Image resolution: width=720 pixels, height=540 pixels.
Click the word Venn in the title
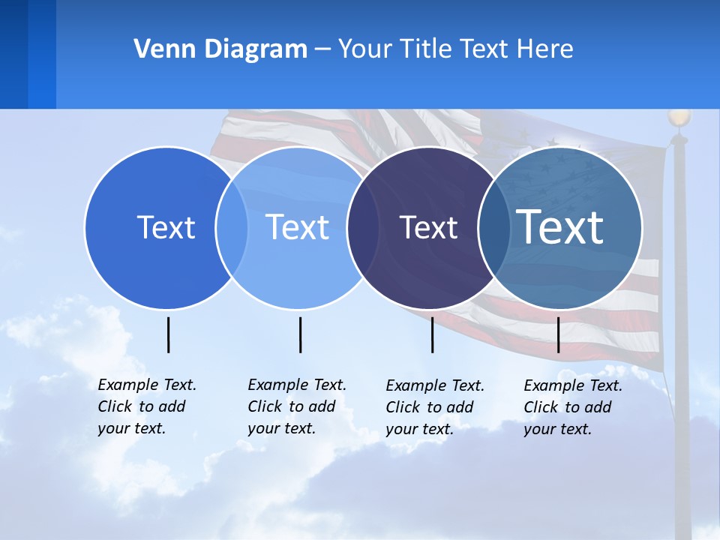(x=160, y=49)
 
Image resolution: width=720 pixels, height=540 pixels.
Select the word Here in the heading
(x=546, y=49)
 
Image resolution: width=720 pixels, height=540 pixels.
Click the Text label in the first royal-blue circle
(x=166, y=227)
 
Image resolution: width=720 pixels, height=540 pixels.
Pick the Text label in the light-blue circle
(x=298, y=227)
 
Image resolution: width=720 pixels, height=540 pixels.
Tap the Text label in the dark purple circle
(x=428, y=227)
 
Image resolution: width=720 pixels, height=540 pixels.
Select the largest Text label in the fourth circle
(x=560, y=226)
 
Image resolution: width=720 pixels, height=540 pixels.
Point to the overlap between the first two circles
(x=232, y=227)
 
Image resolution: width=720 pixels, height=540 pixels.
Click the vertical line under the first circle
(x=168, y=334)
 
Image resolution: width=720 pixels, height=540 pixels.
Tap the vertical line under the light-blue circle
(x=300, y=334)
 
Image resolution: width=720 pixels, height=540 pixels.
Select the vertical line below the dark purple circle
(x=432, y=334)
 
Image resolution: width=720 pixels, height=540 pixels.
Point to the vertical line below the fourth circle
(x=558, y=334)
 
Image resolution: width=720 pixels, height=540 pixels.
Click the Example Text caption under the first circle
(x=146, y=406)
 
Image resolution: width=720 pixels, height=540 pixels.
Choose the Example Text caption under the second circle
(x=296, y=406)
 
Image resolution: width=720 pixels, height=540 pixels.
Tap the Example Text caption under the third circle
(x=434, y=407)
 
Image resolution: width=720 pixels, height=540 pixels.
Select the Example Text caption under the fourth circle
(x=572, y=407)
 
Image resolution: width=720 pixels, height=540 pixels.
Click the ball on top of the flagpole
(x=679, y=118)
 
